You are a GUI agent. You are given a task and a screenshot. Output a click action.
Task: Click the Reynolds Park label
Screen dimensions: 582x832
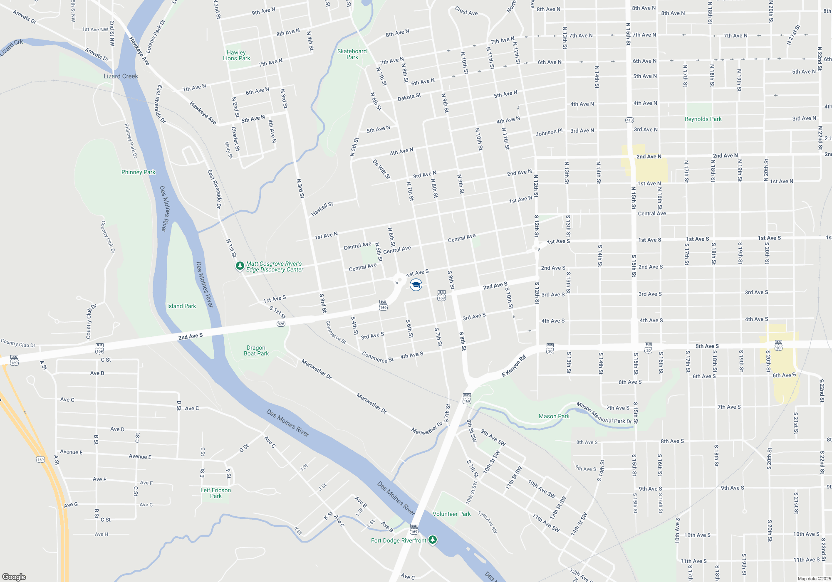click(703, 119)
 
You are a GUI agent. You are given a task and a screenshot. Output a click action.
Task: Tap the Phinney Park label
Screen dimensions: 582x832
click(138, 172)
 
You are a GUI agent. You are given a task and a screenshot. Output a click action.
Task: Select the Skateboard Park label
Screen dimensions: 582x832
click(352, 54)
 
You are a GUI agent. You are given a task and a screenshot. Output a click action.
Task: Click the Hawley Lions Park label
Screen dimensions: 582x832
click(236, 55)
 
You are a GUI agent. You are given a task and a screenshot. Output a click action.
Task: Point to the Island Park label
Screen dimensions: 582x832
click(181, 306)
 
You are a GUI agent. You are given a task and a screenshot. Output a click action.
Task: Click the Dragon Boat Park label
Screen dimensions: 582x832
click(256, 350)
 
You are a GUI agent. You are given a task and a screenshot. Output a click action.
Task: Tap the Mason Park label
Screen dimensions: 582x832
click(554, 416)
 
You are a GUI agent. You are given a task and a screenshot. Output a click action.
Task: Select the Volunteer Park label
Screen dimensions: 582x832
click(451, 514)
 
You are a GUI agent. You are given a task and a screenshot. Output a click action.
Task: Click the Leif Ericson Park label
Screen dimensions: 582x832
click(215, 493)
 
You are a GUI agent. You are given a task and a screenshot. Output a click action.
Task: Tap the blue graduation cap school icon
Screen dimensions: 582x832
click(416, 285)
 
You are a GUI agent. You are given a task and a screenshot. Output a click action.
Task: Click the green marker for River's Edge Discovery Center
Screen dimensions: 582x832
click(240, 266)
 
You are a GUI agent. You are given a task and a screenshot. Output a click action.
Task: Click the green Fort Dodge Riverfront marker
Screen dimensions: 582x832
click(433, 540)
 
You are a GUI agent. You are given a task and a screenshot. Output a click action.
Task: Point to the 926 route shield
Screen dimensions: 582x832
click(281, 324)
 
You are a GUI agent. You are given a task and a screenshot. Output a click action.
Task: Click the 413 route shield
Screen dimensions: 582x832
click(629, 120)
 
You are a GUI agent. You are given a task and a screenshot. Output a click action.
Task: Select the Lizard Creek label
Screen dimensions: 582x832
click(121, 76)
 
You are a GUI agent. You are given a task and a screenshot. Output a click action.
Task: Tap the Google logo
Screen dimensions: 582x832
click(14, 577)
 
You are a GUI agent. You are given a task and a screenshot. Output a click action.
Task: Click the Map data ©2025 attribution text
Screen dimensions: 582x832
click(814, 579)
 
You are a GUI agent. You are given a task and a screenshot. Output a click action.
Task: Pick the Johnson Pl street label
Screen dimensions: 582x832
click(549, 133)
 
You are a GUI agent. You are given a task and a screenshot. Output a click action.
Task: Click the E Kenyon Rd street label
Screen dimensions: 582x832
click(514, 366)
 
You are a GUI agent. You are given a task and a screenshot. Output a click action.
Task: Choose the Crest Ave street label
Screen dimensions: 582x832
click(466, 11)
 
